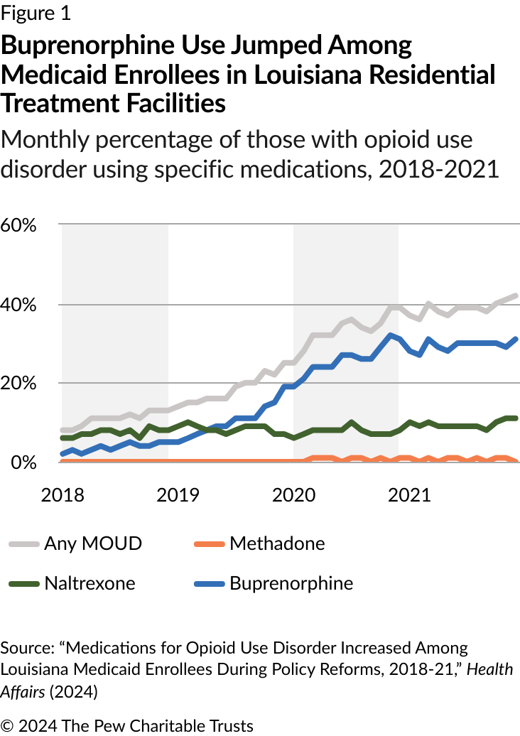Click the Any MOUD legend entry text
tap(93, 544)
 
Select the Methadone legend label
tap(277, 544)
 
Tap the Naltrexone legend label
tap(90, 584)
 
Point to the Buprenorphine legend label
tap(291, 584)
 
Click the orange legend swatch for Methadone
tap(209, 545)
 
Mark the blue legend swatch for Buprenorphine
tap(209, 585)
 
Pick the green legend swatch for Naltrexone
tap(23, 585)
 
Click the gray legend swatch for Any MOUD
tap(23, 545)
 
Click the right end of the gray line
tap(515, 296)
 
